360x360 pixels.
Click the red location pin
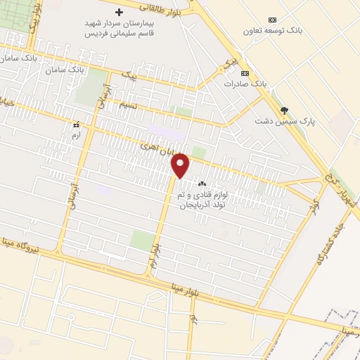181,165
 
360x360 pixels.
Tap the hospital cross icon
119,12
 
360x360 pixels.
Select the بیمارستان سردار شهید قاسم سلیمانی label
120,28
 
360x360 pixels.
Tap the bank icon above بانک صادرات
245,72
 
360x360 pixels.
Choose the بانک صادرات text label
246,84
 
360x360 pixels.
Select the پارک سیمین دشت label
284,121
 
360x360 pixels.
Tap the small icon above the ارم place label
76,124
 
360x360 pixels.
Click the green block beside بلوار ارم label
142,240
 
